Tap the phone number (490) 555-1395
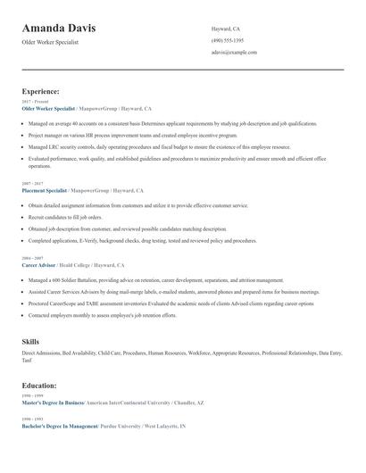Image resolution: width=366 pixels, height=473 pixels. coord(228,40)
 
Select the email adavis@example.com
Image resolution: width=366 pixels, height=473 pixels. coord(234,53)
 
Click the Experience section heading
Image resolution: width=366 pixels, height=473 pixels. coord(41,91)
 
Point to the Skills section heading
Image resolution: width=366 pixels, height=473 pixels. coord(30,342)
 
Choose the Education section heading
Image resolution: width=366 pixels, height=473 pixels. coord(39,386)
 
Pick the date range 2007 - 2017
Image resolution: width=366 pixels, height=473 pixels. coord(32,184)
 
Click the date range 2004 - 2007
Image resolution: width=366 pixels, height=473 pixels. coord(32,259)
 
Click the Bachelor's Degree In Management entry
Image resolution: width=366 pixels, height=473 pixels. coord(60,427)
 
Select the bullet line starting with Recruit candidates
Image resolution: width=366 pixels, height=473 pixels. coord(65,217)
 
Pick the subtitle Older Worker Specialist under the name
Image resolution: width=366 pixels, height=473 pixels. coord(51,42)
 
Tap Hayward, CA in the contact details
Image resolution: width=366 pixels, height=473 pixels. coord(226,29)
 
